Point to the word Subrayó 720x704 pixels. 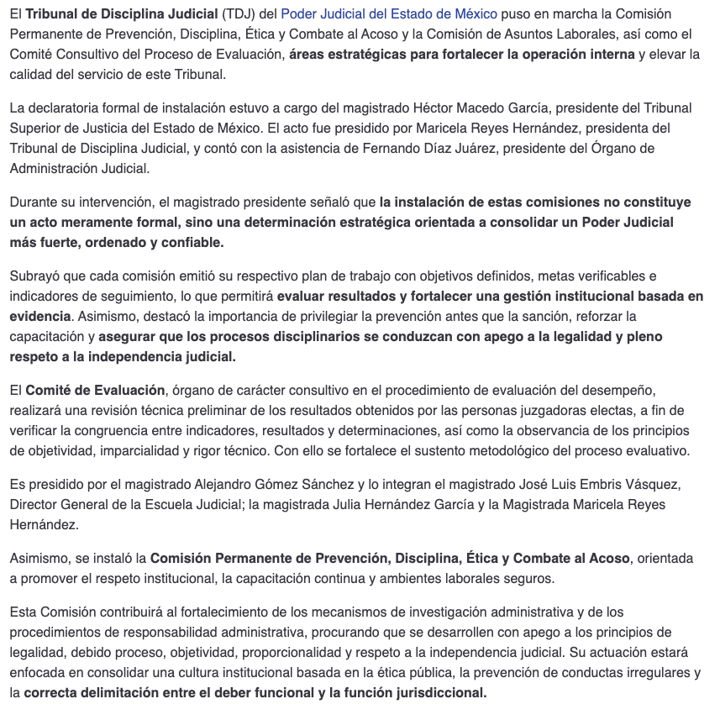coord(34,276)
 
